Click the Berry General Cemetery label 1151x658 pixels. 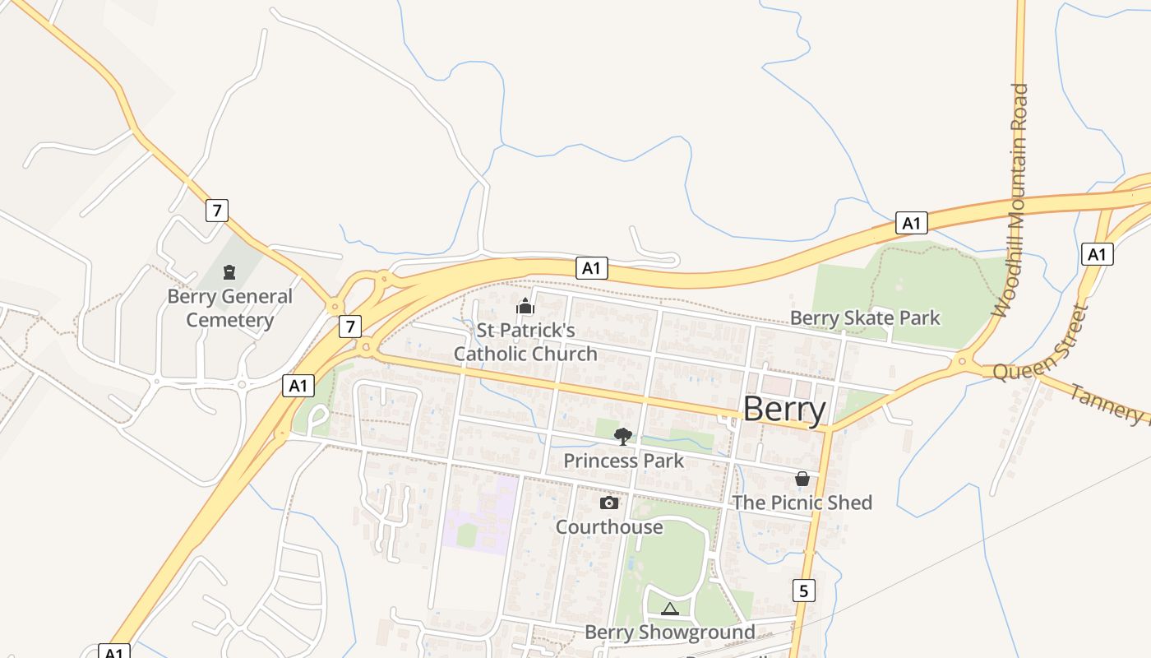coord(229,308)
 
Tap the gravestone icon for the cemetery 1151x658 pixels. coord(229,272)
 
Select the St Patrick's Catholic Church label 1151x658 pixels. coord(526,342)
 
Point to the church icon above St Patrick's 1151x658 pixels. coord(525,307)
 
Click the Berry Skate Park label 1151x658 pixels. coord(865,318)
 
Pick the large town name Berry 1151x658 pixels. coord(784,409)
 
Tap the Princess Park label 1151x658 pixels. coord(623,461)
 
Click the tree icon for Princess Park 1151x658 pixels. coord(623,436)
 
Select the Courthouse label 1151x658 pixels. coord(609,527)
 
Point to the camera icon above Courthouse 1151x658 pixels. coord(609,503)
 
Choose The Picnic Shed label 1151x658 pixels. coord(802,503)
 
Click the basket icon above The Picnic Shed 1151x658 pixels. coord(802,479)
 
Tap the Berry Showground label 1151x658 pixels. coord(669,633)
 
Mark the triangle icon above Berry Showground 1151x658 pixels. coord(669,609)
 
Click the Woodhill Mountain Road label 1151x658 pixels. coord(1011,200)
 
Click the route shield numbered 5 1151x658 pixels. coord(804,590)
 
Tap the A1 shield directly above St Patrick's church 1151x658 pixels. coord(592,267)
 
